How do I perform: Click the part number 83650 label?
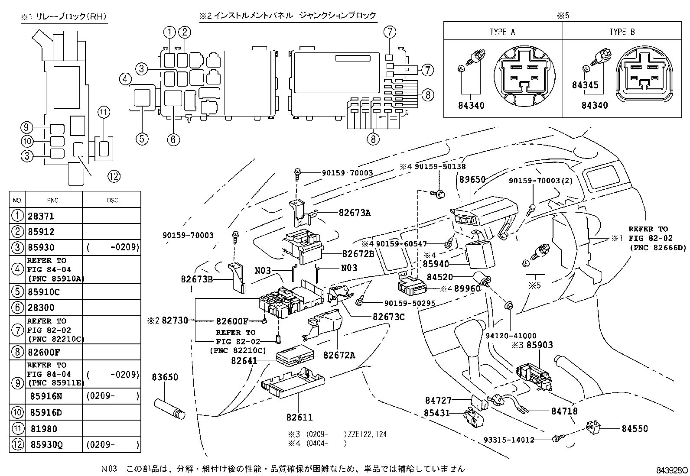click(165, 377)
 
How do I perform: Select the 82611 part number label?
click(299, 417)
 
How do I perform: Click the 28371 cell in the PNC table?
click(41, 216)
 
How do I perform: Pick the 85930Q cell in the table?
click(46, 444)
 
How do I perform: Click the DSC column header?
click(112, 200)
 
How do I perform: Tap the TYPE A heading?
click(502, 32)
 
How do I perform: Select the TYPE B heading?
click(622, 32)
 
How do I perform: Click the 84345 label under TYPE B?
click(585, 85)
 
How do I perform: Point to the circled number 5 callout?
click(142, 139)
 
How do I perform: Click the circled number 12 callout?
click(114, 176)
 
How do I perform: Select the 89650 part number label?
click(472, 180)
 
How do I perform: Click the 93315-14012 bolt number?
click(509, 440)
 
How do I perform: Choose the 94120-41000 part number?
click(511, 335)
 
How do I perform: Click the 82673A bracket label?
click(355, 213)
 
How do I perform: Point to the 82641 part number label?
click(244, 360)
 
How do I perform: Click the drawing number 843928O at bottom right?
click(671, 470)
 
